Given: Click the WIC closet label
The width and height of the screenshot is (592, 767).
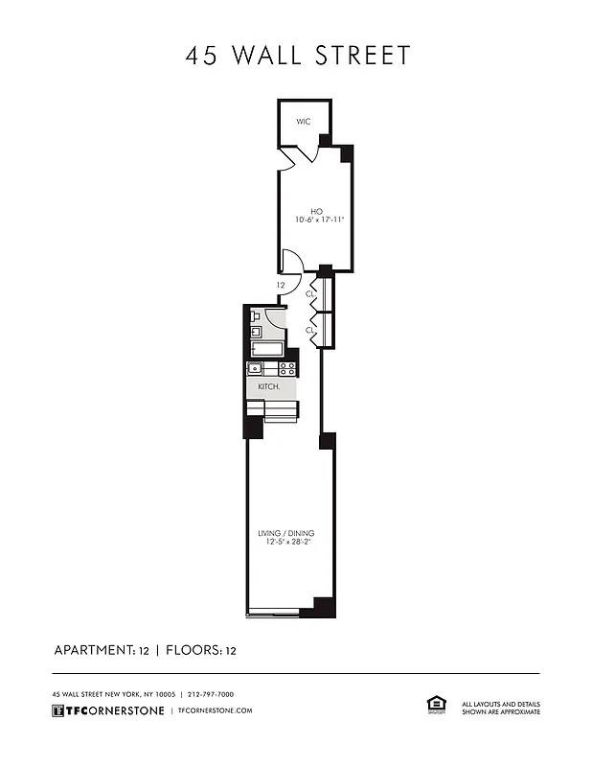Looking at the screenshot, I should click(x=303, y=122).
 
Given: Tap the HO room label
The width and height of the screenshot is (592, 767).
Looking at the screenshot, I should click(x=316, y=211).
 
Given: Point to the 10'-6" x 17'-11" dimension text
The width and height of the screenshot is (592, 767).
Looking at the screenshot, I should click(x=319, y=221).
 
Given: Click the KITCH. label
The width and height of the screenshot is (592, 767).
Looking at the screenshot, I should click(x=268, y=386).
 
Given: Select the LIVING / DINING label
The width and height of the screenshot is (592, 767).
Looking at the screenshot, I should click(x=285, y=533).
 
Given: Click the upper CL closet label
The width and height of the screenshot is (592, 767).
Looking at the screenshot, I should click(x=309, y=293).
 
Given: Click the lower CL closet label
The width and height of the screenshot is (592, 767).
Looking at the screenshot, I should click(x=309, y=330).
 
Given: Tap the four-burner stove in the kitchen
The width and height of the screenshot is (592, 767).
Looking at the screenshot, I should click(x=286, y=368).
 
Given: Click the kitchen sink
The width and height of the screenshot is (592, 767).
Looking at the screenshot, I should click(x=256, y=368).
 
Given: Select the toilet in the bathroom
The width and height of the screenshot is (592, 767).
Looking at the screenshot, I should click(x=255, y=315).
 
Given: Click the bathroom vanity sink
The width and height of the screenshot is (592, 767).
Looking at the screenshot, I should click(x=256, y=332).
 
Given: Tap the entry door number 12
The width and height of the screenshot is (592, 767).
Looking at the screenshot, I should click(x=281, y=285).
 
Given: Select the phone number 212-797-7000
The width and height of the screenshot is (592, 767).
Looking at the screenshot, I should click(x=211, y=694).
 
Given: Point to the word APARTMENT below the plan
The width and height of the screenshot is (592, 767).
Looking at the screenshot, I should click(x=93, y=650).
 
